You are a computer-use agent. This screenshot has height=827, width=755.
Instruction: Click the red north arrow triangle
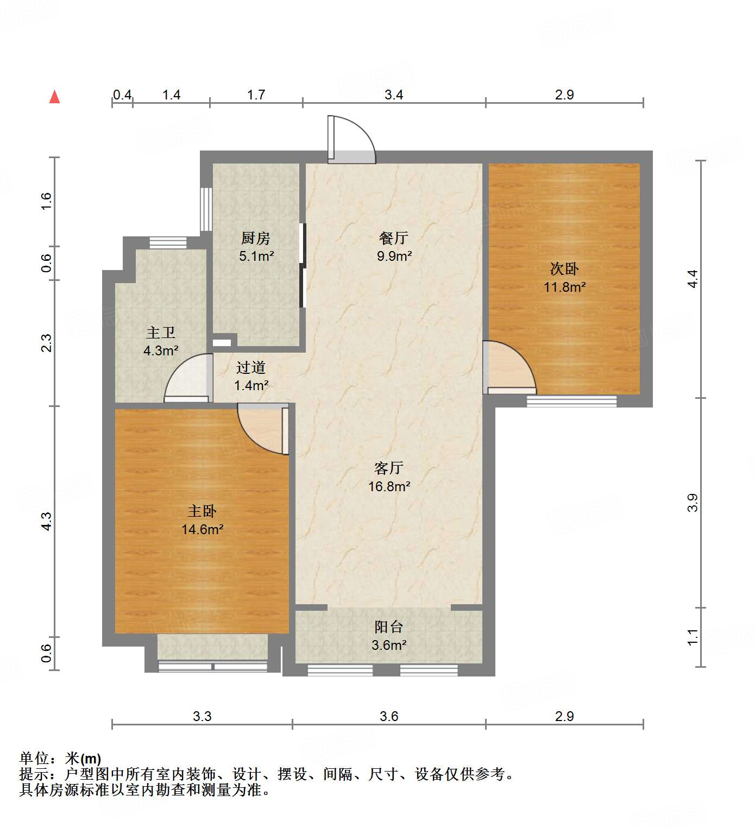(54, 97)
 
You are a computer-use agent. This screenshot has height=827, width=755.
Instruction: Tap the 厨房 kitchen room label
(255, 238)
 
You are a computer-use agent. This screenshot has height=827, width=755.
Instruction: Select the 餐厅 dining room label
(394, 238)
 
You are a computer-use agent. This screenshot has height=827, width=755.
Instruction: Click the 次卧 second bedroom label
(564, 268)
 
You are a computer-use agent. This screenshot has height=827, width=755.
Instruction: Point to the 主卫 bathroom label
(161, 333)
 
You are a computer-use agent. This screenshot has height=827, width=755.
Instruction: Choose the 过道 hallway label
(251, 368)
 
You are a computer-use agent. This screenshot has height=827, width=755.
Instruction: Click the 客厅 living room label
(389, 468)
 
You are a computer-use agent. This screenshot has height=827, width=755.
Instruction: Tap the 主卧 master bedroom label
(202, 511)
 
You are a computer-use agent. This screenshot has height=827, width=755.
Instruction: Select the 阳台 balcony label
(389, 627)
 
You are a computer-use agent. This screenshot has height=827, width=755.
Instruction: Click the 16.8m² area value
(389, 486)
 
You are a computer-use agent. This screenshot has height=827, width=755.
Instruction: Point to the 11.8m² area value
(564, 287)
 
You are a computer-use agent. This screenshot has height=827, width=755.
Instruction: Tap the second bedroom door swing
(509, 367)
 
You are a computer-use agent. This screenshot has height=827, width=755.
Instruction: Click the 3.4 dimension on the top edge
(394, 95)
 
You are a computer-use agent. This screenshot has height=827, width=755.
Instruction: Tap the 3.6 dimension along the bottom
(389, 716)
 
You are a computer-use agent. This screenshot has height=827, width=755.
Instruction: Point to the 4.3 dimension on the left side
(47, 521)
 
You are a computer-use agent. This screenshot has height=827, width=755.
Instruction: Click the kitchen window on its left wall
(206, 209)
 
